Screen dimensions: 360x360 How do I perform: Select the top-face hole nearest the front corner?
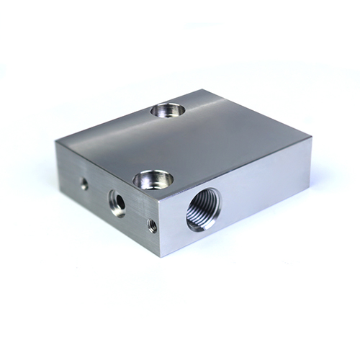[151, 177]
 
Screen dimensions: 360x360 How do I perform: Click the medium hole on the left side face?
[117, 202]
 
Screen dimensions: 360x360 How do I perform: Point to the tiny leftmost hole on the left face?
[84, 184]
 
